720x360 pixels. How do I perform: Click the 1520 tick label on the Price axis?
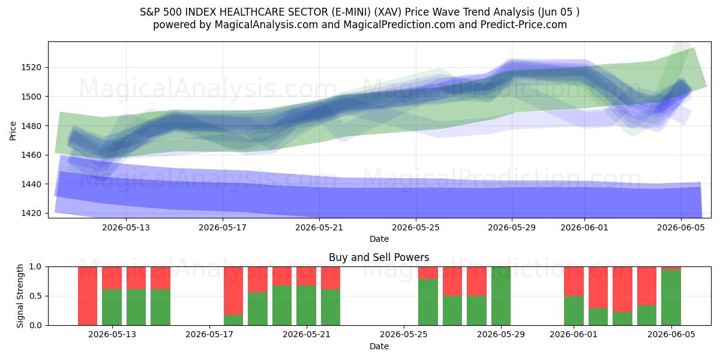pos(31,67)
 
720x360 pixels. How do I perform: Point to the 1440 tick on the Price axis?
pos(31,184)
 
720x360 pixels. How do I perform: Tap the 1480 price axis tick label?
pos(31,126)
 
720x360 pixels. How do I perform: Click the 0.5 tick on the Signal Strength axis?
pos(35,296)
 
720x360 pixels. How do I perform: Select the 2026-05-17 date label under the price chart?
pos(223,227)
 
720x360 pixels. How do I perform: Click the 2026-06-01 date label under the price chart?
pos(584,227)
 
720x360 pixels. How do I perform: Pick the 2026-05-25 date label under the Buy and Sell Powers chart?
pos(404,334)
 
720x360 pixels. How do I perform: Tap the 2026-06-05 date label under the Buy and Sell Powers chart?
pos(671,334)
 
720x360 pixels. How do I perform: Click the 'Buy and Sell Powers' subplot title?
pos(379,257)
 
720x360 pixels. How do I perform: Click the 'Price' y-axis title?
pos(13,131)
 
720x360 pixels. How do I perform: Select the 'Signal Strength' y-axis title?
pos(20,296)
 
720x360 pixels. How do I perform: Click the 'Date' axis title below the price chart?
pos(379,239)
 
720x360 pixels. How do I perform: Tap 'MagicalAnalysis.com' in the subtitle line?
pos(266,25)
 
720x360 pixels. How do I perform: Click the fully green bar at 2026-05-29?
pos(501,296)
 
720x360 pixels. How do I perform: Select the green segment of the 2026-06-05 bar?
pos(671,298)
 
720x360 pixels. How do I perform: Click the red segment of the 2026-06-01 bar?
pos(574,281)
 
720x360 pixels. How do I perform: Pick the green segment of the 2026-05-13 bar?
pos(112,307)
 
